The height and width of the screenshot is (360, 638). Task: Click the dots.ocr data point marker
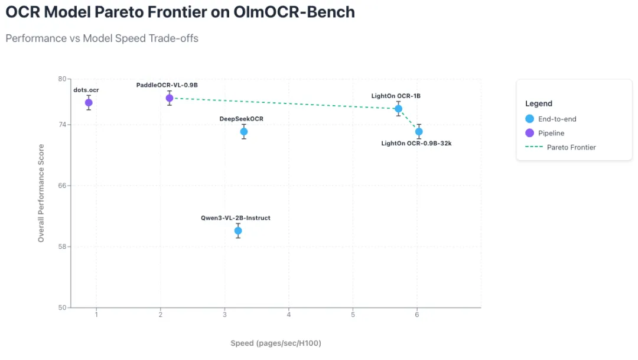click(x=89, y=103)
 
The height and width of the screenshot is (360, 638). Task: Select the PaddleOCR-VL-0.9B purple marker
click(x=170, y=98)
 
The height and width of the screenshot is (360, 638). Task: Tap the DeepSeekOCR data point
click(x=243, y=132)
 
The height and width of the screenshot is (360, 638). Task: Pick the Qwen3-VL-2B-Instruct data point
click(x=238, y=231)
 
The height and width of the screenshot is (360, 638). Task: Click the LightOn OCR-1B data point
click(x=399, y=109)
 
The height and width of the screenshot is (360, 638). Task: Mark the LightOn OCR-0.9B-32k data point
click(x=419, y=132)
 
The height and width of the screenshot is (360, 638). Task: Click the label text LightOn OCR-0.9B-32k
click(x=416, y=144)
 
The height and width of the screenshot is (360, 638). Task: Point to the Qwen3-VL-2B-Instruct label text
click(x=235, y=218)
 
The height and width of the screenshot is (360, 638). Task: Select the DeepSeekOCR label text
click(x=241, y=119)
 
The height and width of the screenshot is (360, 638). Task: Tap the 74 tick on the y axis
click(x=61, y=125)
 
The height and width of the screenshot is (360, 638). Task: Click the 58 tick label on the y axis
click(x=61, y=247)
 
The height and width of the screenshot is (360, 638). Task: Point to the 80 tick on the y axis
click(x=61, y=79)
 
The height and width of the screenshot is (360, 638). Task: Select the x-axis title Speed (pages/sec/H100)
click(x=275, y=343)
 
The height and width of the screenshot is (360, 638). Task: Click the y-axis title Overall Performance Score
click(x=41, y=193)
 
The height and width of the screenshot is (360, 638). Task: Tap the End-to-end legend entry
click(x=556, y=119)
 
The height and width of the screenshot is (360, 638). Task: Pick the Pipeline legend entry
click(x=551, y=133)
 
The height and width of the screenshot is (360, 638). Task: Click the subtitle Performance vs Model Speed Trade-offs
click(x=102, y=38)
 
